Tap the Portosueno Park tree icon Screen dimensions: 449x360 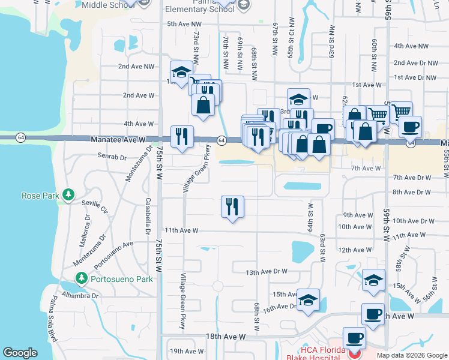[82, 278]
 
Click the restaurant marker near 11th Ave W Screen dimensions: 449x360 [232, 207]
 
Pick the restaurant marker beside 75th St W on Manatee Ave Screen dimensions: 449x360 [182, 136]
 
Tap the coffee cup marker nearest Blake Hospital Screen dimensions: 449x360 [354, 338]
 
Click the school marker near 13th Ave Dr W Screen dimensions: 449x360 [373, 280]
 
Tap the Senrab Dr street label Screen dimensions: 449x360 [112, 157]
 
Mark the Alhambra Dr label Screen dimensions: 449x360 [82, 295]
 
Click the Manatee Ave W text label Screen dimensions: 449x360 [118, 139]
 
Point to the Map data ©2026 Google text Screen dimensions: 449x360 [411, 355]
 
